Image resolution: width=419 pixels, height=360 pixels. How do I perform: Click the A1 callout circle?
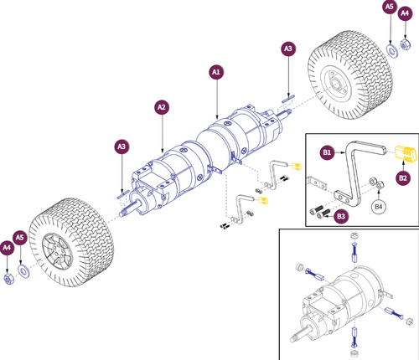216,73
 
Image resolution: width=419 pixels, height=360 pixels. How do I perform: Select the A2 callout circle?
162,107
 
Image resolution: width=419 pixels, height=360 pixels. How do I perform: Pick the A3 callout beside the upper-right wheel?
287,50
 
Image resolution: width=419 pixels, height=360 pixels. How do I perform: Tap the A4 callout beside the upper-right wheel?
407,11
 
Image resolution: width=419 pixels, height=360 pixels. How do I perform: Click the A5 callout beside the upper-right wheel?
389,8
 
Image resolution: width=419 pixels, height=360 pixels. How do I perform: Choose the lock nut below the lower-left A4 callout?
9,275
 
